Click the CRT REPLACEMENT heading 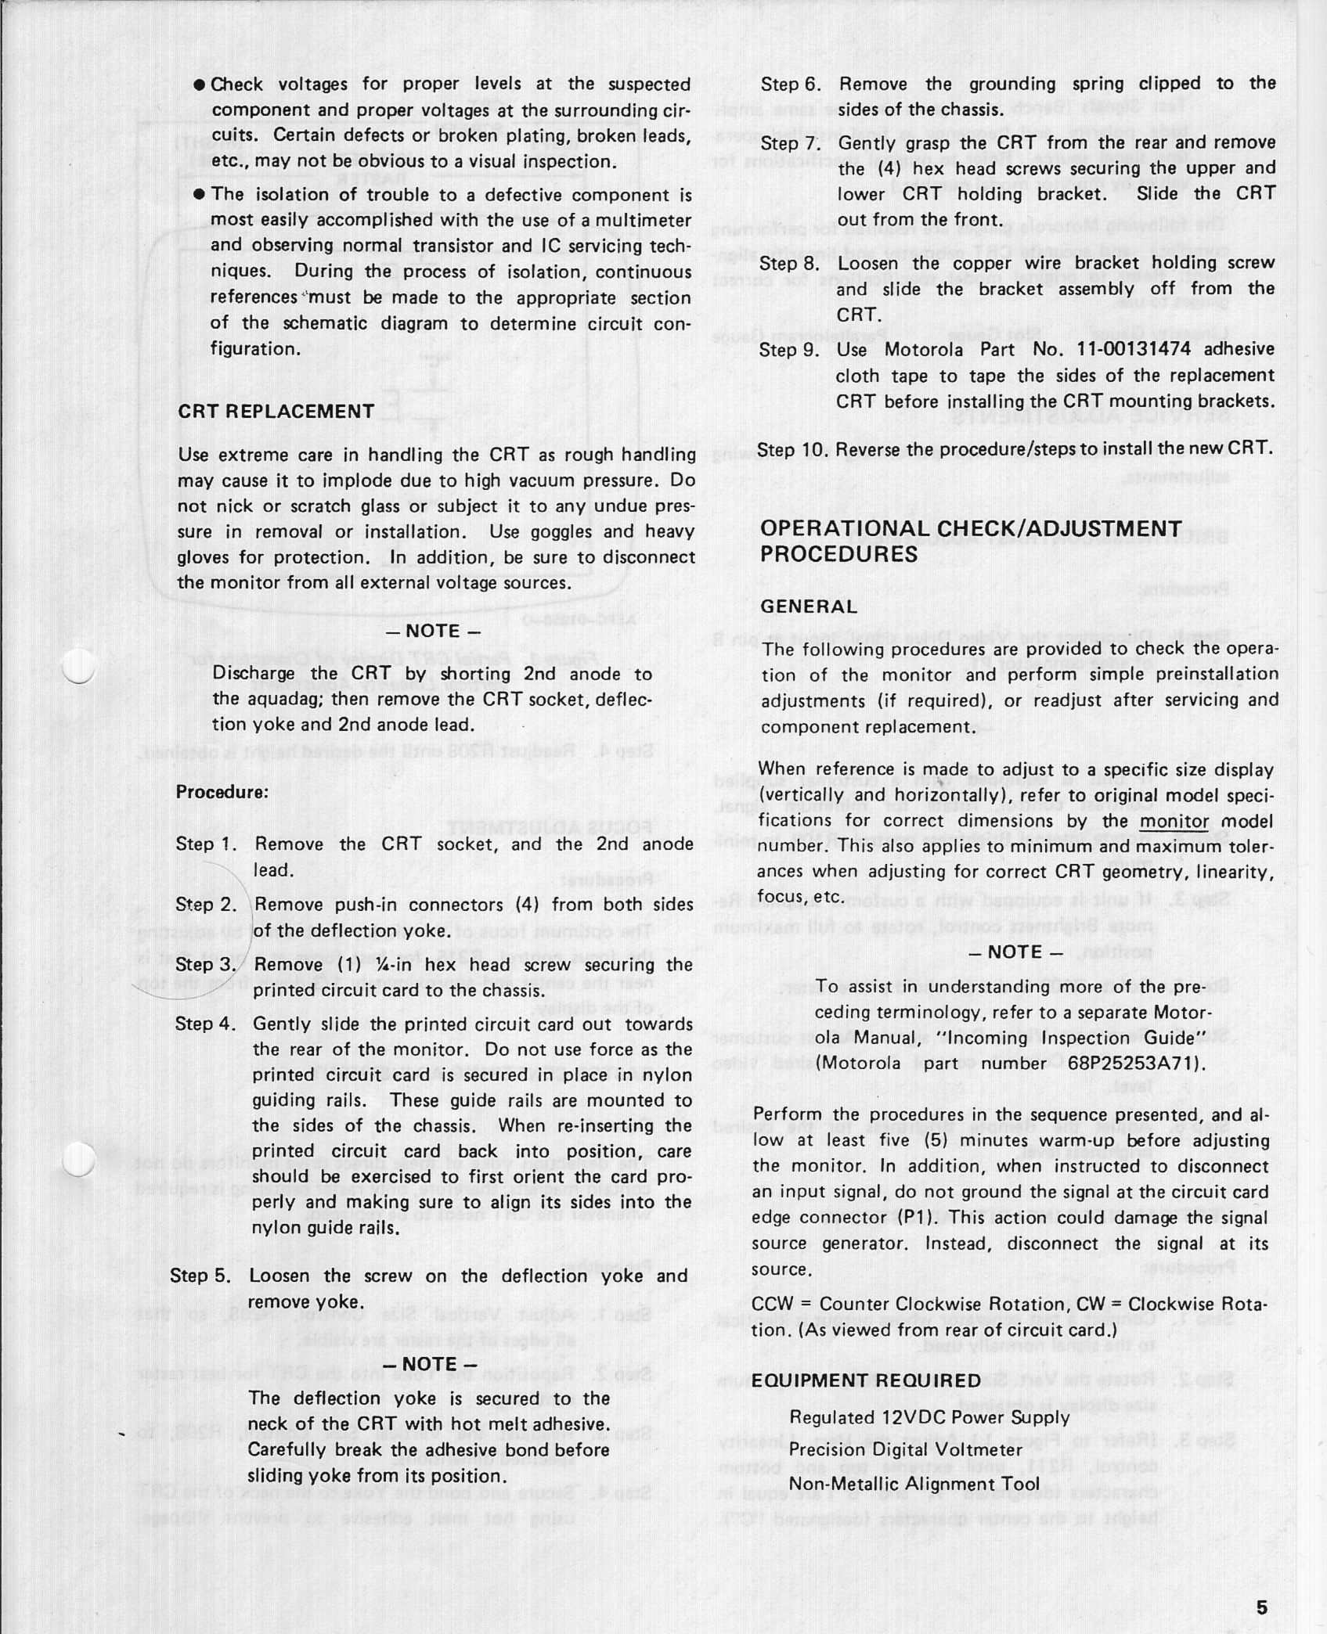point(276,412)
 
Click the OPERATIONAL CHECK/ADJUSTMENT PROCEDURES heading point(970,542)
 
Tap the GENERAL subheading point(809,606)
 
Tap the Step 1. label point(206,844)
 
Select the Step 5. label point(200,1276)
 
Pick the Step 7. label point(790,143)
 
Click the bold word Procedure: point(222,792)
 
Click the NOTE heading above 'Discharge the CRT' point(433,631)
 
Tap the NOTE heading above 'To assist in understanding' point(1016,952)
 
